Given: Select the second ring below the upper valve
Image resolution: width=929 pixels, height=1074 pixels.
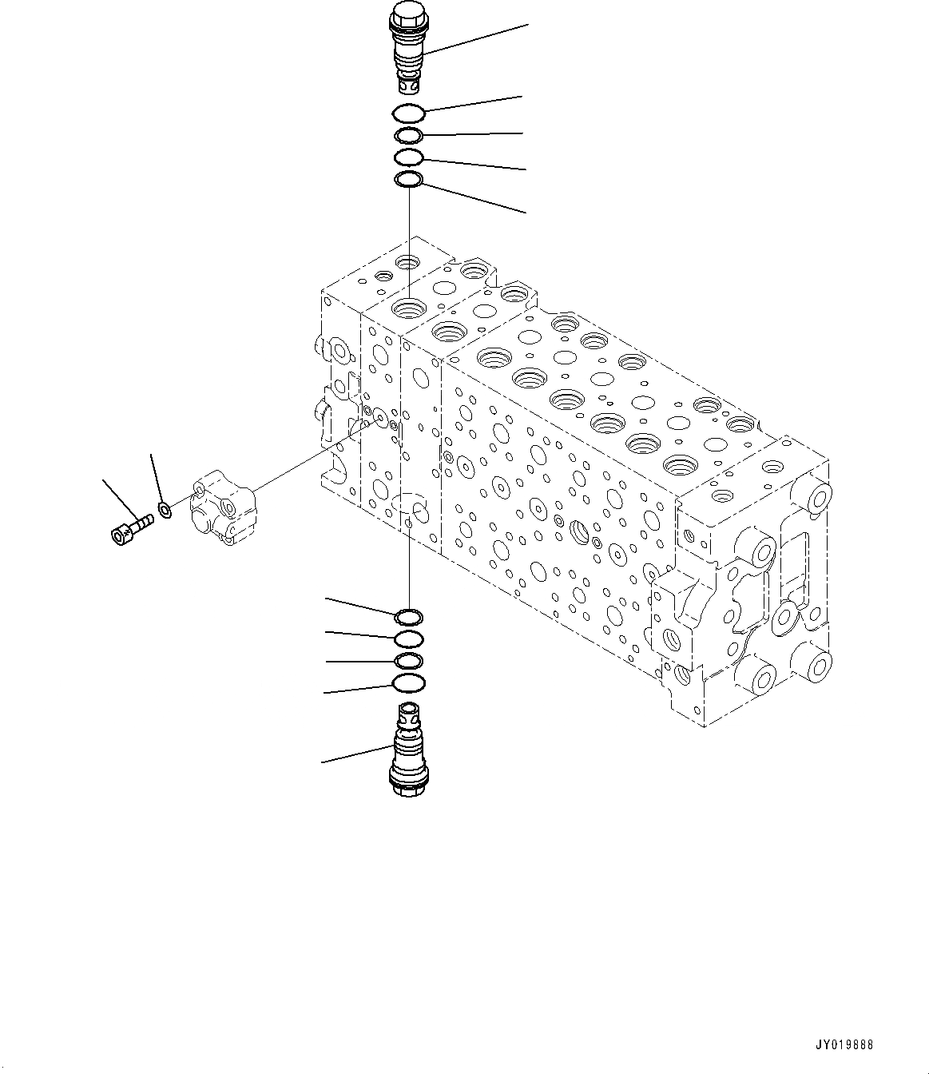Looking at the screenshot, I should click(410, 135).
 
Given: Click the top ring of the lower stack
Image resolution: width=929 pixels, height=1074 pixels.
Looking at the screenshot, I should click(409, 616).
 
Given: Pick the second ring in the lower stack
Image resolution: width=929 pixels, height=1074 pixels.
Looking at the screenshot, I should click(409, 638).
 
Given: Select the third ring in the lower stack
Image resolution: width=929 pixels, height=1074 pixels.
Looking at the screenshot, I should click(409, 660).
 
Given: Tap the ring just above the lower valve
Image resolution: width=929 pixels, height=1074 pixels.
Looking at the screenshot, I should click(409, 682).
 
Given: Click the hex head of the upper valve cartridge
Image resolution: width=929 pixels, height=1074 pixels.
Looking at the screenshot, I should click(407, 14).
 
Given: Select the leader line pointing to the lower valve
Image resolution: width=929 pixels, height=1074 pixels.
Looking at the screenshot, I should click(355, 754).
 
